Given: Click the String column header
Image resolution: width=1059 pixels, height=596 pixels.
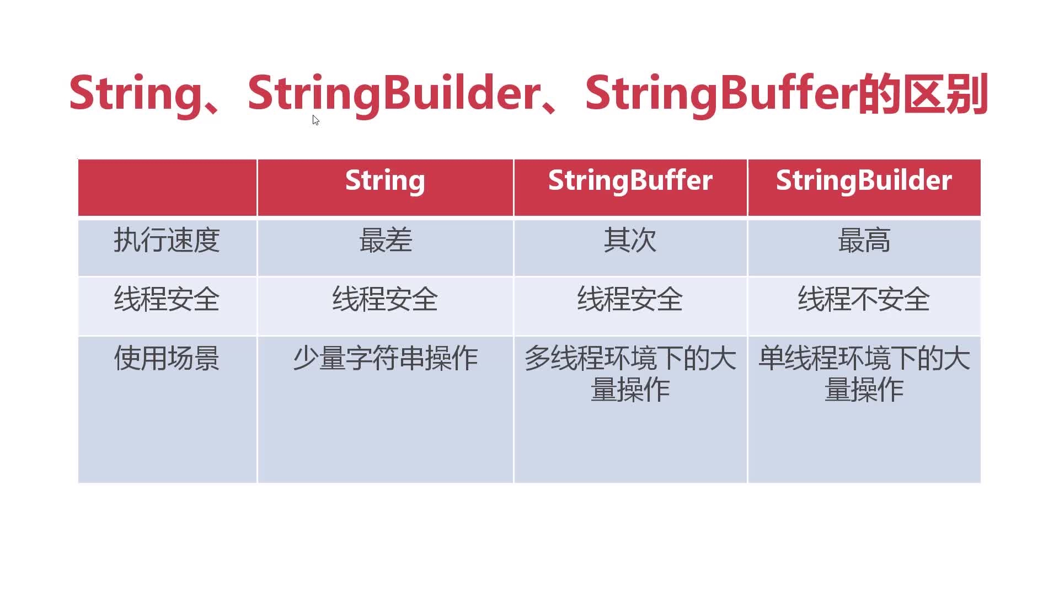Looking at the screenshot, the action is pyautogui.click(x=385, y=180).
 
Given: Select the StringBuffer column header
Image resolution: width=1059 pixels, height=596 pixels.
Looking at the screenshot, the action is pyautogui.click(x=630, y=180).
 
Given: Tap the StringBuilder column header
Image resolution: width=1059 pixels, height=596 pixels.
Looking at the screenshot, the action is pyautogui.click(x=864, y=180).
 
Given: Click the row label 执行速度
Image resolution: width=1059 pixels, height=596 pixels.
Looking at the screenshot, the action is pyautogui.click(x=167, y=241).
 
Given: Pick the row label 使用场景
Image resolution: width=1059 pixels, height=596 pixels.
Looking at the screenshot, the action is pyautogui.click(x=167, y=358).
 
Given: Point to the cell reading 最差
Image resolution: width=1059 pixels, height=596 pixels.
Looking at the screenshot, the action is pyautogui.click(x=386, y=241).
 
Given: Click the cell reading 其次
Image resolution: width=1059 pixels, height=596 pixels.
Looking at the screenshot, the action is pyautogui.click(x=630, y=241).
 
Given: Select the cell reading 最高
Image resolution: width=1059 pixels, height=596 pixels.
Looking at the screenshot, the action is pyautogui.click(x=864, y=241).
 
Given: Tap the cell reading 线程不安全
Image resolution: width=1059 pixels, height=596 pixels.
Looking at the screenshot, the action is pyautogui.click(x=864, y=299).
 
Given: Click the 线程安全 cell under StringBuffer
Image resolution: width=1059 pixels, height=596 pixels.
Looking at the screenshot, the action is pyautogui.click(x=630, y=299).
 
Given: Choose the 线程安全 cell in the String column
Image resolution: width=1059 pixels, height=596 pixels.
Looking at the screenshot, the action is pyautogui.click(x=385, y=299).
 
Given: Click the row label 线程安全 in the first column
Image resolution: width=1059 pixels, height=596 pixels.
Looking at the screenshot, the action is pyautogui.click(x=167, y=299).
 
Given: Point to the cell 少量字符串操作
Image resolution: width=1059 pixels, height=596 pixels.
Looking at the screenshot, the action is pyautogui.click(x=385, y=358).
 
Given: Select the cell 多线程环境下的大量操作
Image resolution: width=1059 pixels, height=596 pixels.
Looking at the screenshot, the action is pyautogui.click(x=630, y=374).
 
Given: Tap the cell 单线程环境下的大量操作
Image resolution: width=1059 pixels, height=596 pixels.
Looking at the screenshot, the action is pyautogui.click(x=864, y=374).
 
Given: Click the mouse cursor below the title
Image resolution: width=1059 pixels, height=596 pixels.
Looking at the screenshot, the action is pyautogui.click(x=315, y=120).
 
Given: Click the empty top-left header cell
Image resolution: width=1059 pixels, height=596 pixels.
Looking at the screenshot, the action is pyautogui.click(x=167, y=187).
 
